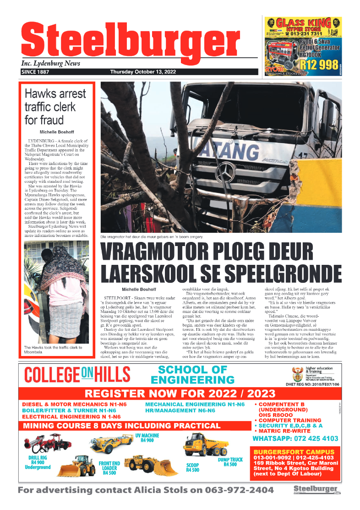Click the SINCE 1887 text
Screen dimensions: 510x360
[35, 72]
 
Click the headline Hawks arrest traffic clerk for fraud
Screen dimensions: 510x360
[55, 107]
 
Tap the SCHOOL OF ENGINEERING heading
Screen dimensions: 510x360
[192, 375]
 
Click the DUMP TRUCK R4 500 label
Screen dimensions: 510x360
[230, 462]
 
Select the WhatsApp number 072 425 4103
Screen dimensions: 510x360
[295, 439]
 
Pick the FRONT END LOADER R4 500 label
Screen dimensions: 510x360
[109, 469]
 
